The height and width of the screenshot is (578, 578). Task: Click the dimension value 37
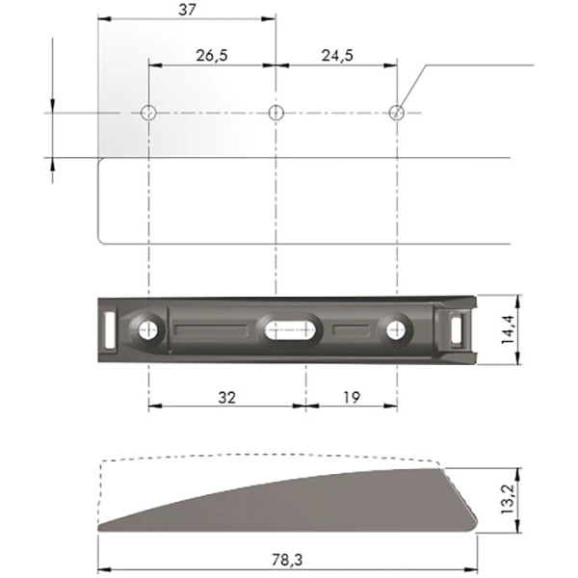187,10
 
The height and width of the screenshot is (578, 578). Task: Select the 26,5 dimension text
212,56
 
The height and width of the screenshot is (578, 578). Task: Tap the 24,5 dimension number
337,56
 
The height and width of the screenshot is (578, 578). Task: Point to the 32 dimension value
226,397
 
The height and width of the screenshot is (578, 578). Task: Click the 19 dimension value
352,397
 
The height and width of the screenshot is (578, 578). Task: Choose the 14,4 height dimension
509,329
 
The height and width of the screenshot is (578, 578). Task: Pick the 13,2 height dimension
509,499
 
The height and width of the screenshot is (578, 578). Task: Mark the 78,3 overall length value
287,560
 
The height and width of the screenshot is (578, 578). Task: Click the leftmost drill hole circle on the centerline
148,113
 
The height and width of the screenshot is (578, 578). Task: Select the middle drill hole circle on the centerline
276,113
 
